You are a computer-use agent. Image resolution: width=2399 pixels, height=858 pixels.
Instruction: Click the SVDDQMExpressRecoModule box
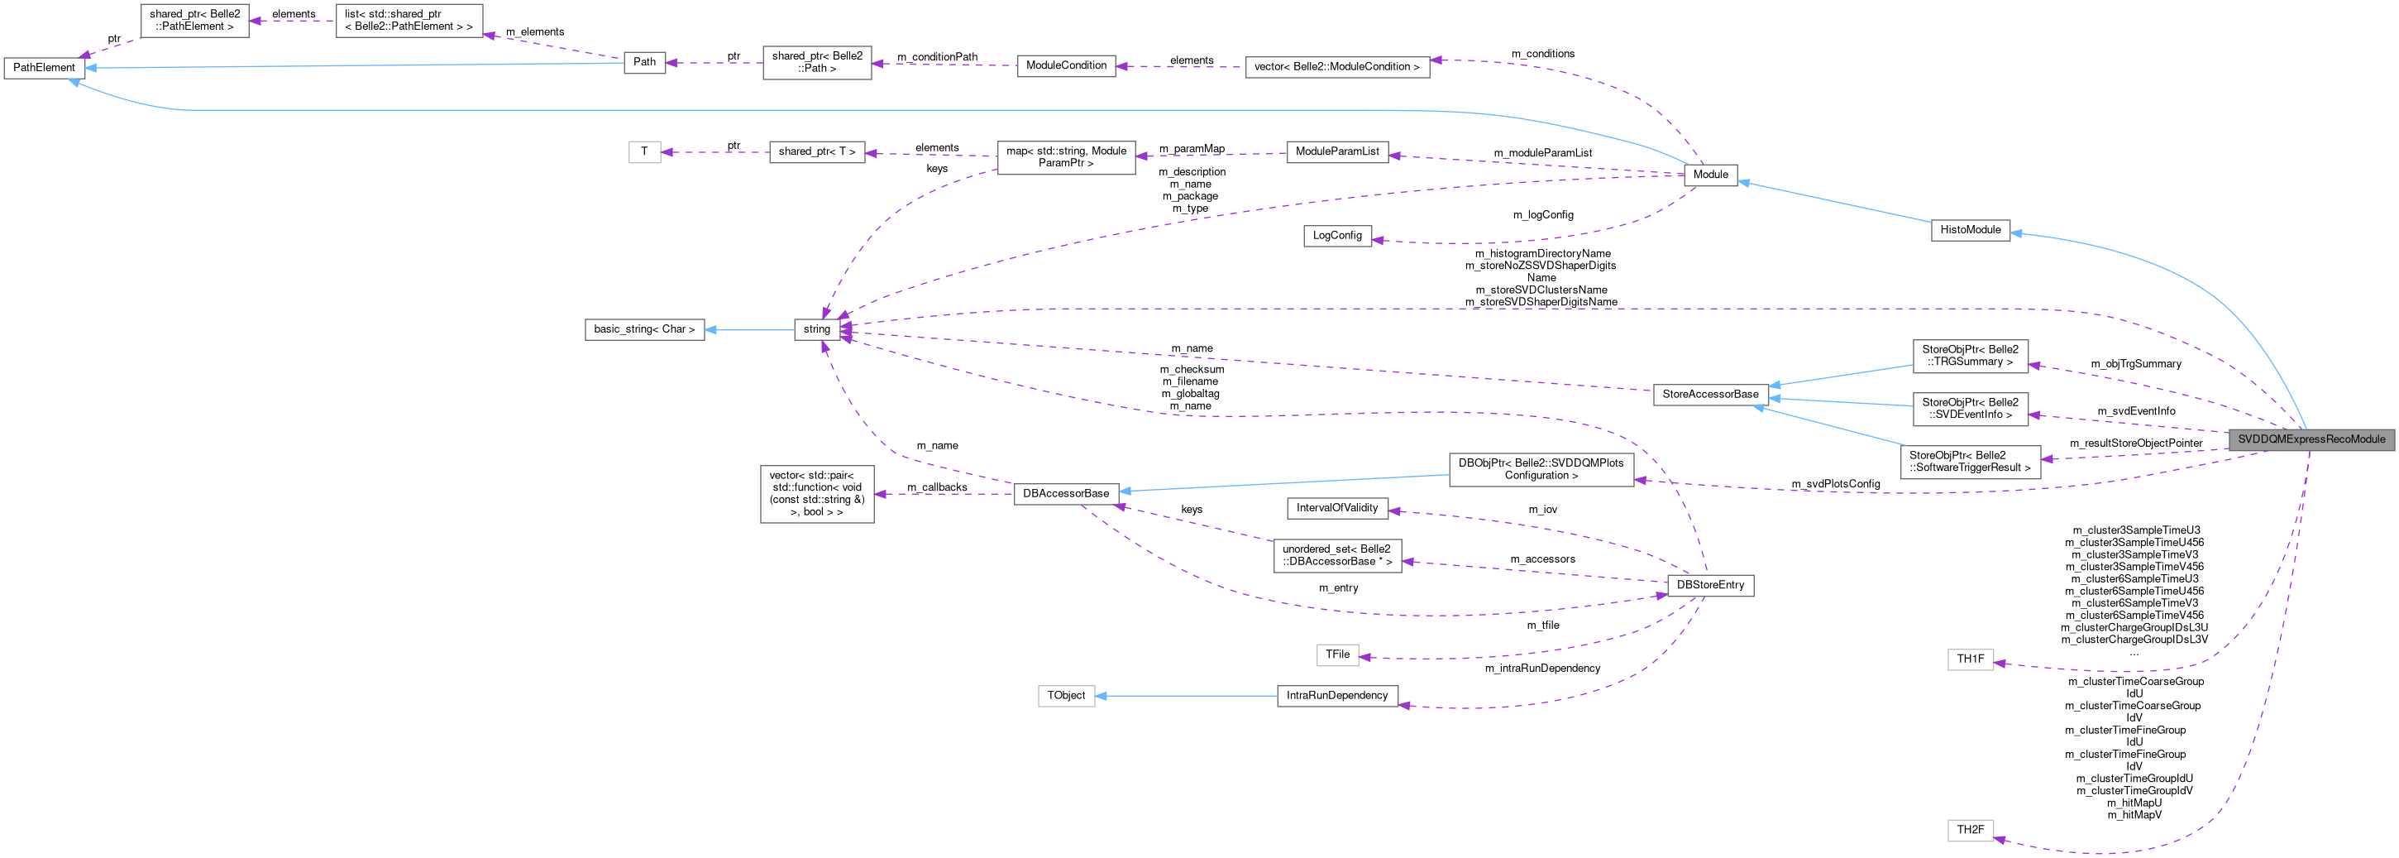coord(2311,439)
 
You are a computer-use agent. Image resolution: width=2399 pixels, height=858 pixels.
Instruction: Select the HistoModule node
coord(1971,230)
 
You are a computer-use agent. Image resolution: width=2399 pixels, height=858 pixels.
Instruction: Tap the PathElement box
coord(44,68)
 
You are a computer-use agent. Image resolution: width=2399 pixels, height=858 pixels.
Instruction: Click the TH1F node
coord(1970,659)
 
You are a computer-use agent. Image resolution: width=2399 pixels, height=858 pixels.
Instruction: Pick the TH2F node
coord(1970,830)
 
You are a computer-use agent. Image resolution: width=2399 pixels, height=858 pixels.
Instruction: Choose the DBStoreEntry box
coord(1710,586)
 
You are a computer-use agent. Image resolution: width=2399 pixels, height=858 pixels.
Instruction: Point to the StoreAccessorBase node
coord(1710,394)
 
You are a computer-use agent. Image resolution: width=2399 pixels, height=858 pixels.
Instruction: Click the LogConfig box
coord(1336,236)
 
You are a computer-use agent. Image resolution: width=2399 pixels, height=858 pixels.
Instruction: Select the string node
coord(817,328)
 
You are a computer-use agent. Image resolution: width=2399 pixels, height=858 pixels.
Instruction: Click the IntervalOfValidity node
coord(1336,509)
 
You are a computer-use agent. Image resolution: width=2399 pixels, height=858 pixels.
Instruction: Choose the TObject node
coord(1066,696)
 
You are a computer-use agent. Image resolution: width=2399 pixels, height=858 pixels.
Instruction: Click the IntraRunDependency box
coord(1336,696)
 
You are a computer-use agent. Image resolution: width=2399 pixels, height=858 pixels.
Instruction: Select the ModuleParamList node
coord(1336,152)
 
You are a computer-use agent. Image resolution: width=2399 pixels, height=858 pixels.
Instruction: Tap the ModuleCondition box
coord(1066,66)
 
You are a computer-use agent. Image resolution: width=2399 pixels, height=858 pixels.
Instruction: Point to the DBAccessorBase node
coord(1066,494)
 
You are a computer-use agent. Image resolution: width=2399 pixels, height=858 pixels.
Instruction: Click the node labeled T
coord(644,152)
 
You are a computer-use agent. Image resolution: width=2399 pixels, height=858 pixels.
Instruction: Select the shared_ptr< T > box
coord(817,152)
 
